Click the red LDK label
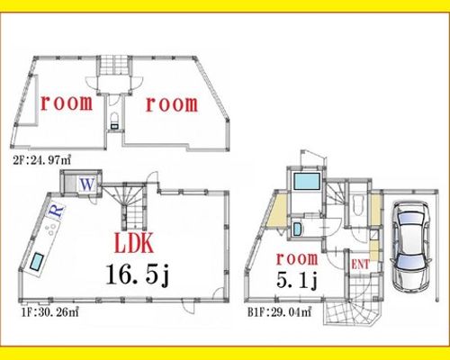point(134,244)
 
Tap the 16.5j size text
point(138,274)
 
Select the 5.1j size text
point(297,281)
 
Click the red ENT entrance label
point(360,265)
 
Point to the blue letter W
point(87,184)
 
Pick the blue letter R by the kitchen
point(57,211)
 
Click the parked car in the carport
point(410,247)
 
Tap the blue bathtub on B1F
point(307,181)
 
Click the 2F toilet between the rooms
point(114,121)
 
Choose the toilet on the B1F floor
point(357,205)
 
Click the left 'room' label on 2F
point(67,103)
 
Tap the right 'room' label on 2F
point(172,104)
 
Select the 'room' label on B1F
point(297,258)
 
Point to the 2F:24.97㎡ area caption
point(41,160)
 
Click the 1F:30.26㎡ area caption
point(49,312)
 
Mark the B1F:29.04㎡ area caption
point(279,312)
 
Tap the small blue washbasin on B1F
point(297,229)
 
